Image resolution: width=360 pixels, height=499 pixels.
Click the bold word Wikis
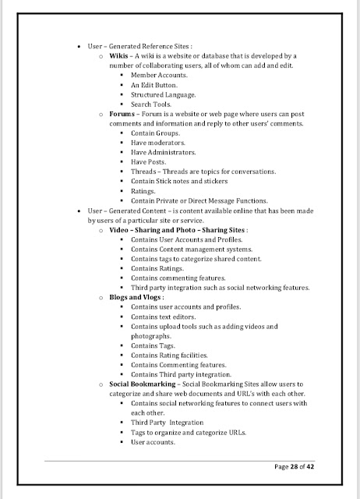click(119, 57)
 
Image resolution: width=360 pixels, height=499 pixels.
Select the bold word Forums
click(124, 115)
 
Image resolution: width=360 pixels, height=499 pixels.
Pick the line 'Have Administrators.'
click(163, 153)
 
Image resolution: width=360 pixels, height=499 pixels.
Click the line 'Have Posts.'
click(150, 162)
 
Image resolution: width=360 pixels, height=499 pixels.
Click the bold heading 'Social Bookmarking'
click(142, 384)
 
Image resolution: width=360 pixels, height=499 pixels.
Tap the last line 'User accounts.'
click(153, 442)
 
